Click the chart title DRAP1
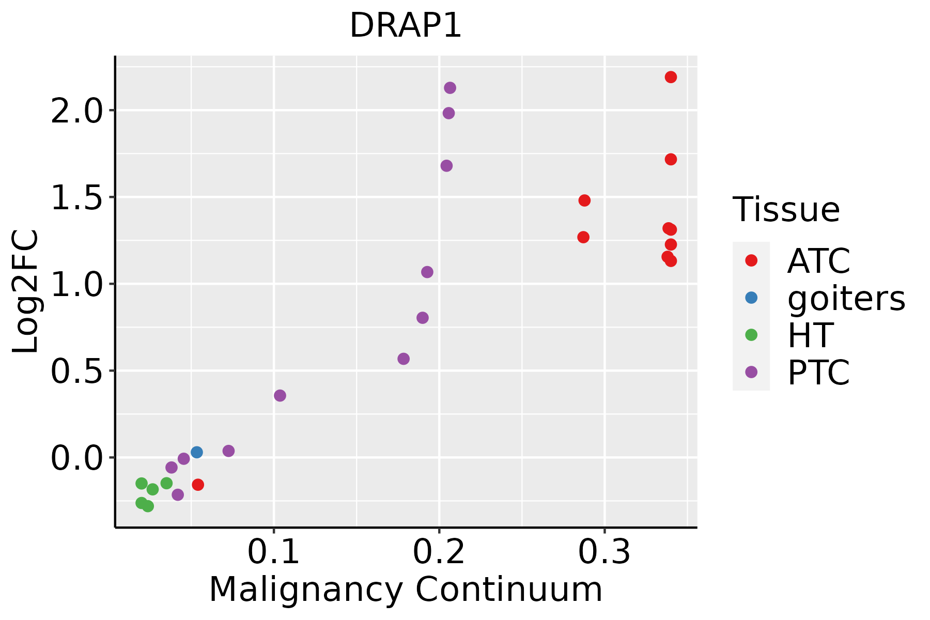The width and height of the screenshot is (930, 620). [x=406, y=26]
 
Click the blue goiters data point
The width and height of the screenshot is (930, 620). [x=197, y=452]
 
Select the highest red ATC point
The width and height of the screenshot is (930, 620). [x=671, y=77]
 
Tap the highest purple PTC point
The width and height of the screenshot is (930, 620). [x=450, y=88]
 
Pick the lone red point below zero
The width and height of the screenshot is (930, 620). [x=198, y=485]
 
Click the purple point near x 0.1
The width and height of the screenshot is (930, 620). [x=280, y=396]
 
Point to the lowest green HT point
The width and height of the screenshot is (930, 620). [x=148, y=506]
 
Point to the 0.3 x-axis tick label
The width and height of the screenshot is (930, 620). [x=604, y=552]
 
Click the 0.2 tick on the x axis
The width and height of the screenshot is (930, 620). [x=439, y=552]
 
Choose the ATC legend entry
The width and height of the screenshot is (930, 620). [x=818, y=261]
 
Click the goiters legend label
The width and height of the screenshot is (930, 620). [x=846, y=298]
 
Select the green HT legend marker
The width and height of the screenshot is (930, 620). [x=751, y=335]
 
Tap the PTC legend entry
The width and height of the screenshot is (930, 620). [x=818, y=373]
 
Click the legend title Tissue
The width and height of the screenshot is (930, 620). [x=786, y=210]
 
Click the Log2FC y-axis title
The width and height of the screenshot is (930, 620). [x=26, y=292]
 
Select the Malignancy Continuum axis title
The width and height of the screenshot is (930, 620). [x=406, y=590]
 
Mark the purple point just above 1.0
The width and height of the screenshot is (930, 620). [x=427, y=272]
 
